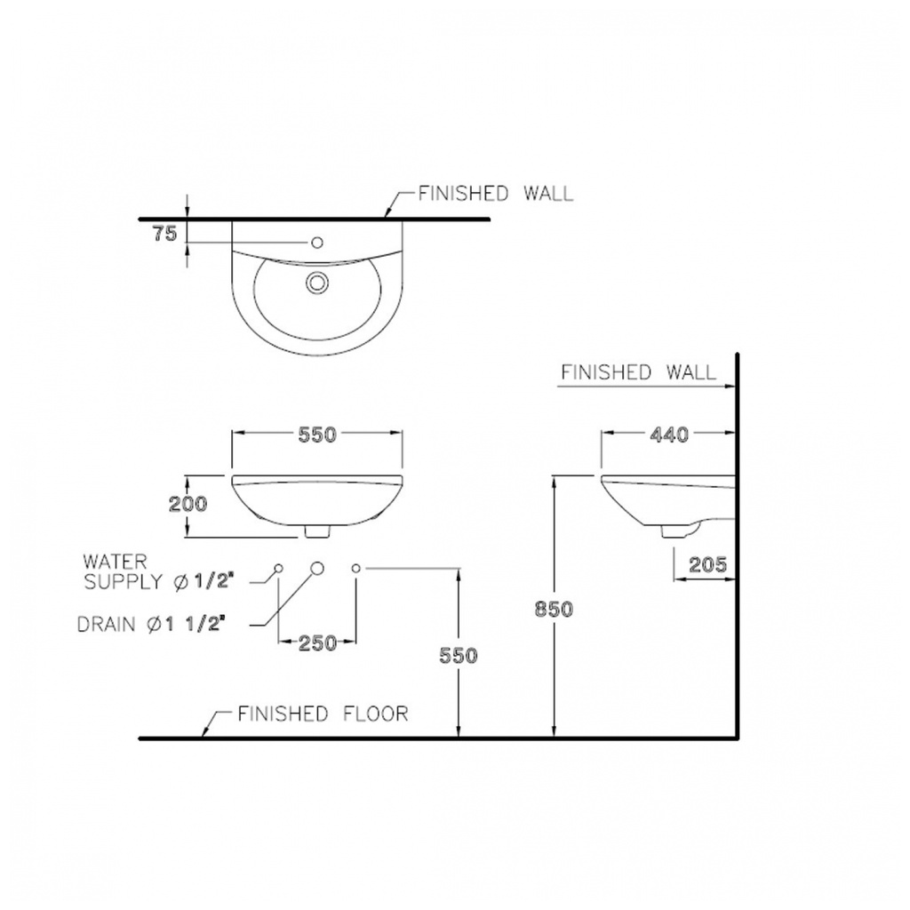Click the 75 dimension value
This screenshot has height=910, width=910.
coord(164,234)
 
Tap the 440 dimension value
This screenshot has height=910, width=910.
coord(669,434)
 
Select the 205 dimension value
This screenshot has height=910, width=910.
coord(707,564)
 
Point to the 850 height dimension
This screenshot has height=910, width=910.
coord(554,609)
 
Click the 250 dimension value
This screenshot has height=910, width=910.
coord(317,643)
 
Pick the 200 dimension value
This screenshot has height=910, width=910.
coord(188,503)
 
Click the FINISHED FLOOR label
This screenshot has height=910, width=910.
coord(323,714)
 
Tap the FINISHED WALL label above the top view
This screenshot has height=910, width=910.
coord(496,193)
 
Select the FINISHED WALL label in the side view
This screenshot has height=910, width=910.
coord(638,371)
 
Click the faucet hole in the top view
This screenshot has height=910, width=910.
coord(317,242)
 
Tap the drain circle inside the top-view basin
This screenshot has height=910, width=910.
coord(317,283)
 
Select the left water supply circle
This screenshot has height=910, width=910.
coord(278,568)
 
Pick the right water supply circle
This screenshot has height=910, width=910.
coord(355,568)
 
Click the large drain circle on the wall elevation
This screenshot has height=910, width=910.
coord(317,568)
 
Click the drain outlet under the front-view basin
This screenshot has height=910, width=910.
coord(317,531)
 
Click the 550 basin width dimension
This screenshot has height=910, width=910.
coord(317,434)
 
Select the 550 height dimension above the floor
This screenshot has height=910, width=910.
coord(459,655)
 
